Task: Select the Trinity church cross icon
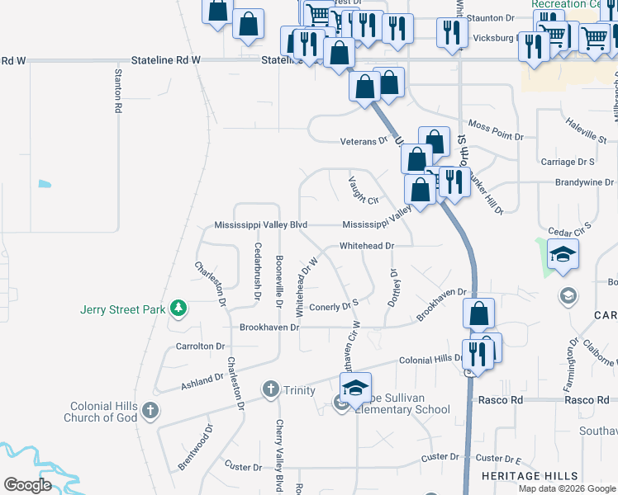coord(270,389)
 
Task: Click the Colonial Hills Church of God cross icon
coord(150,409)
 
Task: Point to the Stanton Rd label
coord(118,91)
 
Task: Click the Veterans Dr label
coord(364,141)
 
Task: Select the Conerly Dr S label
coord(334,307)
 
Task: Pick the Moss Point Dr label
coord(496,135)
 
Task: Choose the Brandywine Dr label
coord(585,182)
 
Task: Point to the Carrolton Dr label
coord(197,346)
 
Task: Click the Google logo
coord(28,485)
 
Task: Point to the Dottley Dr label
coord(394,287)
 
